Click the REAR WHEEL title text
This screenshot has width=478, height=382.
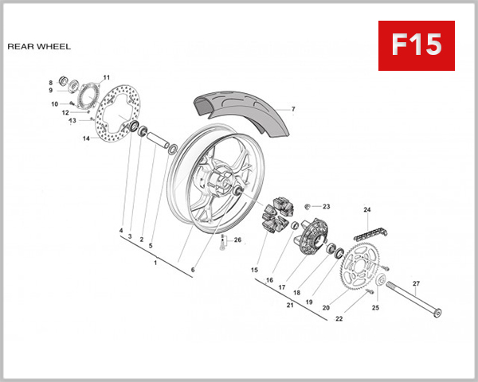click(39, 46)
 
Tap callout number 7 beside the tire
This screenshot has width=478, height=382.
click(292, 109)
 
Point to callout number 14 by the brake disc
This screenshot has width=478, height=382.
click(85, 138)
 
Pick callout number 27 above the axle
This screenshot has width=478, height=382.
click(415, 284)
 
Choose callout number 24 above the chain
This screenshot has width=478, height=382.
click(367, 210)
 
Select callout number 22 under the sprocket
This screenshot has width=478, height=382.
click(339, 319)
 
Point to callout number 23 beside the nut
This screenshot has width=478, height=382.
click(326, 207)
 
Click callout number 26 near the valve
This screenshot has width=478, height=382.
click(237, 240)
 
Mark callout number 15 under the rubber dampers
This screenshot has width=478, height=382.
click(255, 271)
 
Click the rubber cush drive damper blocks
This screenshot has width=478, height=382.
click(275, 213)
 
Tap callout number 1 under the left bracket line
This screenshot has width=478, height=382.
click(155, 263)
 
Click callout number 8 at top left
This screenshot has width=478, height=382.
click(50, 83)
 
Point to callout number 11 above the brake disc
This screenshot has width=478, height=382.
click(105, 78)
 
